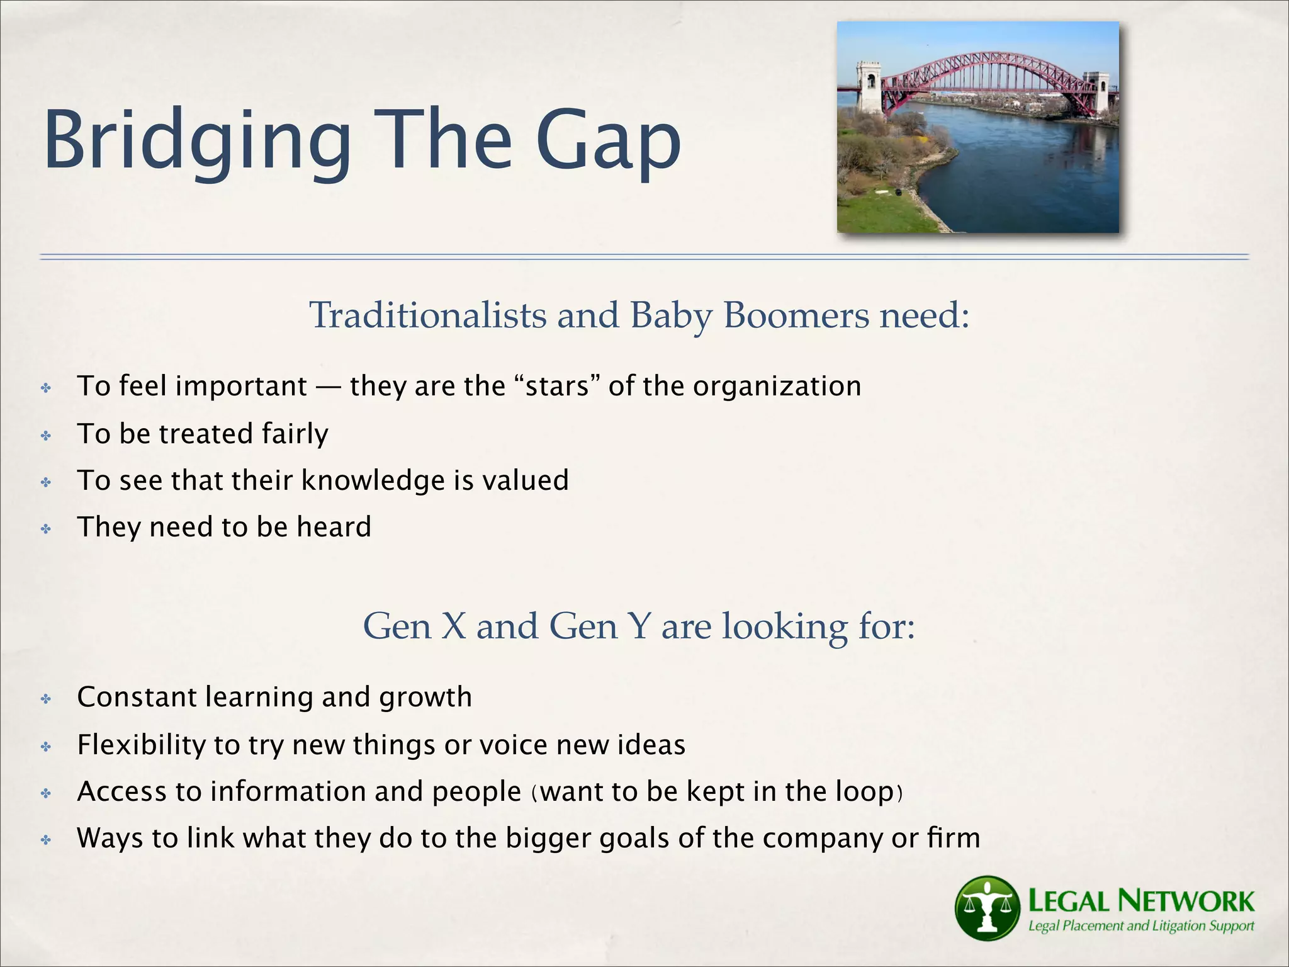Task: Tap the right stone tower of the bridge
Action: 1098,94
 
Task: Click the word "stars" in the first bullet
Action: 557,386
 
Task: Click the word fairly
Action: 295,434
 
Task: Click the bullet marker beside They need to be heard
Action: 46,528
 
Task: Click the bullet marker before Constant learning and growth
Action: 46,699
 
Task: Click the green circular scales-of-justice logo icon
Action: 986,907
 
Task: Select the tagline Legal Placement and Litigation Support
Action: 1140,926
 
